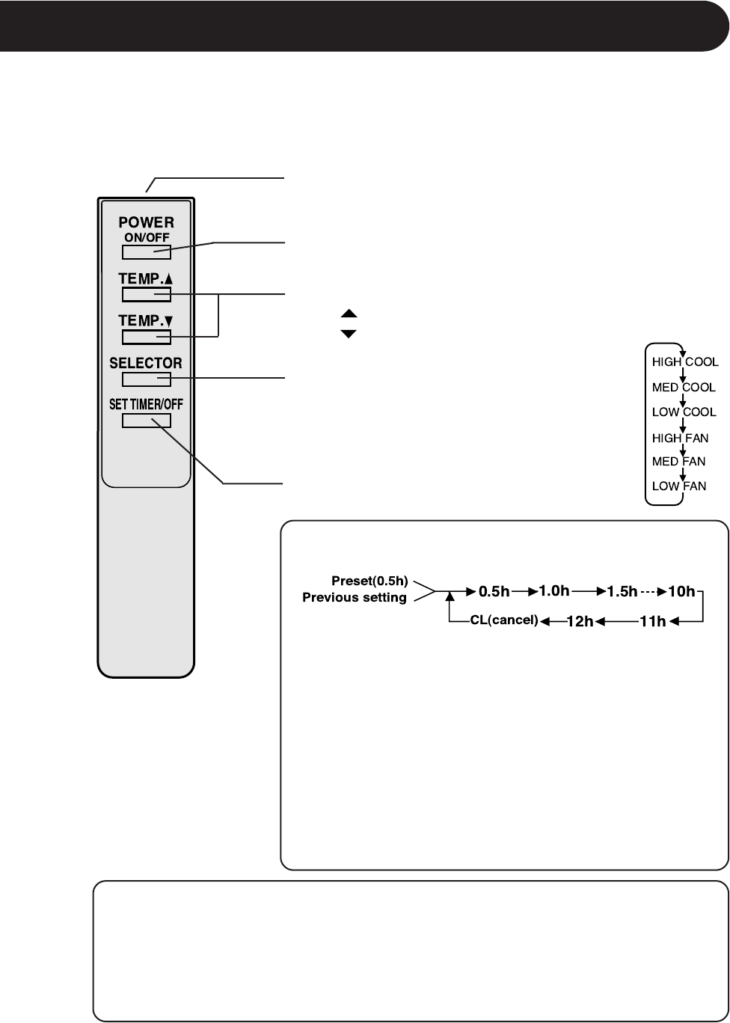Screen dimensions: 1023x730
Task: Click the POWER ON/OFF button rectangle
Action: (147, 251)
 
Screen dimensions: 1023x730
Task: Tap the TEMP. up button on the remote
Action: (147, 294)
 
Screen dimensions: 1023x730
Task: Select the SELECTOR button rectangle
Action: (147, 379)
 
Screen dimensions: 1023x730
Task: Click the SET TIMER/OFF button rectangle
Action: (147, 420)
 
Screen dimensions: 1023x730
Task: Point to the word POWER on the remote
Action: (146, 223)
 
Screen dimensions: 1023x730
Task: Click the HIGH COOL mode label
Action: (685, 361)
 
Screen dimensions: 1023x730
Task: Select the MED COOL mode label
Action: (684, 388)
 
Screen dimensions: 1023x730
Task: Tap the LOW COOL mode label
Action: (684, 412)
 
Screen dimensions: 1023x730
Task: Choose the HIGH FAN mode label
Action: (680, 438)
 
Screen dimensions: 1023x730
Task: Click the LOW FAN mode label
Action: (678, 486)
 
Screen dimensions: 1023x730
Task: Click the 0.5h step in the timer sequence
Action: (494, 592)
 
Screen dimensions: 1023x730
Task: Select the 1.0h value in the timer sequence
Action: (554, 591)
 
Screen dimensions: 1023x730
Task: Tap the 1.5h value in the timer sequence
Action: (622, 592)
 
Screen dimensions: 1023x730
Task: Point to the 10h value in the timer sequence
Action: (681, 592)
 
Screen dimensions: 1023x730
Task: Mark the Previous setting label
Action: (355, 598)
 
